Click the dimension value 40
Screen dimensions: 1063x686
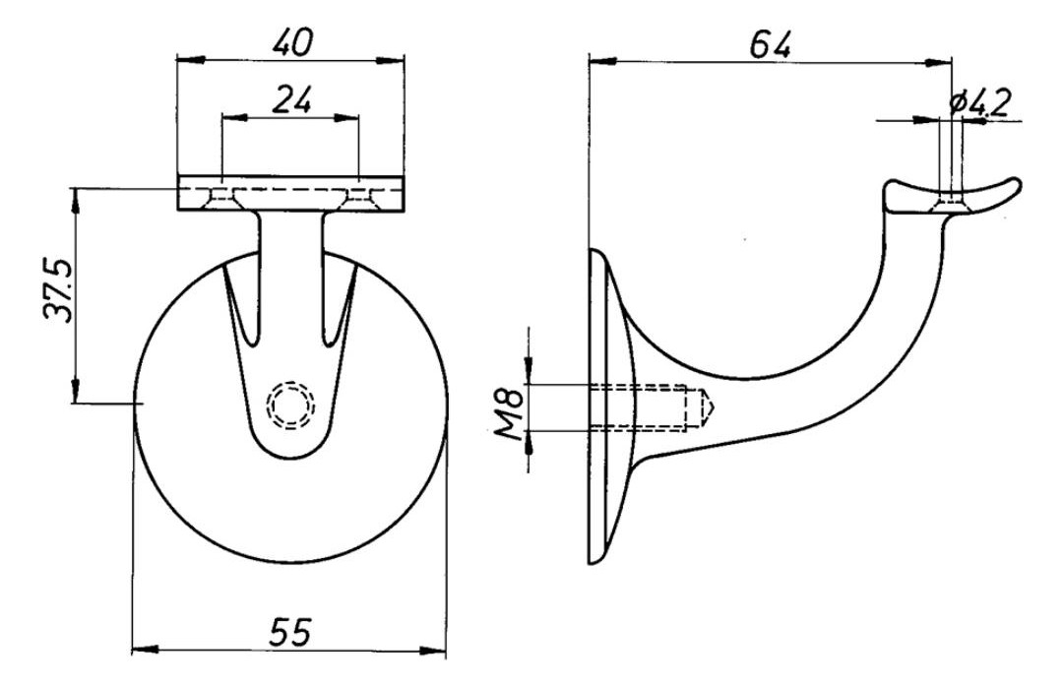[x=293, y=42]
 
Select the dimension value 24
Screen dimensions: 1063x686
[x=291, y=99]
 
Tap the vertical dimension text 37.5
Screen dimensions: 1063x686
[x=57, y=288]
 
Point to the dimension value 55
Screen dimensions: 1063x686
[x=289, y=631]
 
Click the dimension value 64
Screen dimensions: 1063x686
[x=771, y=44]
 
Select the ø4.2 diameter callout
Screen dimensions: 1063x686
[x=980, y=101]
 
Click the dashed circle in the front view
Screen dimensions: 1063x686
[x=290, y=405]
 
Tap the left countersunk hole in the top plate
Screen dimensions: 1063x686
[x=221, y=197]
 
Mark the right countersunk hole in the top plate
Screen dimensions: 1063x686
[x=357, y=197]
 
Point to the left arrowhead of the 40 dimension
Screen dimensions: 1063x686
[x=190, y=60]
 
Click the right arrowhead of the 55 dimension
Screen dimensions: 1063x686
[x=432, y=651]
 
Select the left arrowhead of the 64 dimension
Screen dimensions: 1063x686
[x=602, y=62]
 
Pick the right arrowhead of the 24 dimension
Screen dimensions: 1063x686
[x=345, y=117]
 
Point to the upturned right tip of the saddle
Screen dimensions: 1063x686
[x=1014, y=183]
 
